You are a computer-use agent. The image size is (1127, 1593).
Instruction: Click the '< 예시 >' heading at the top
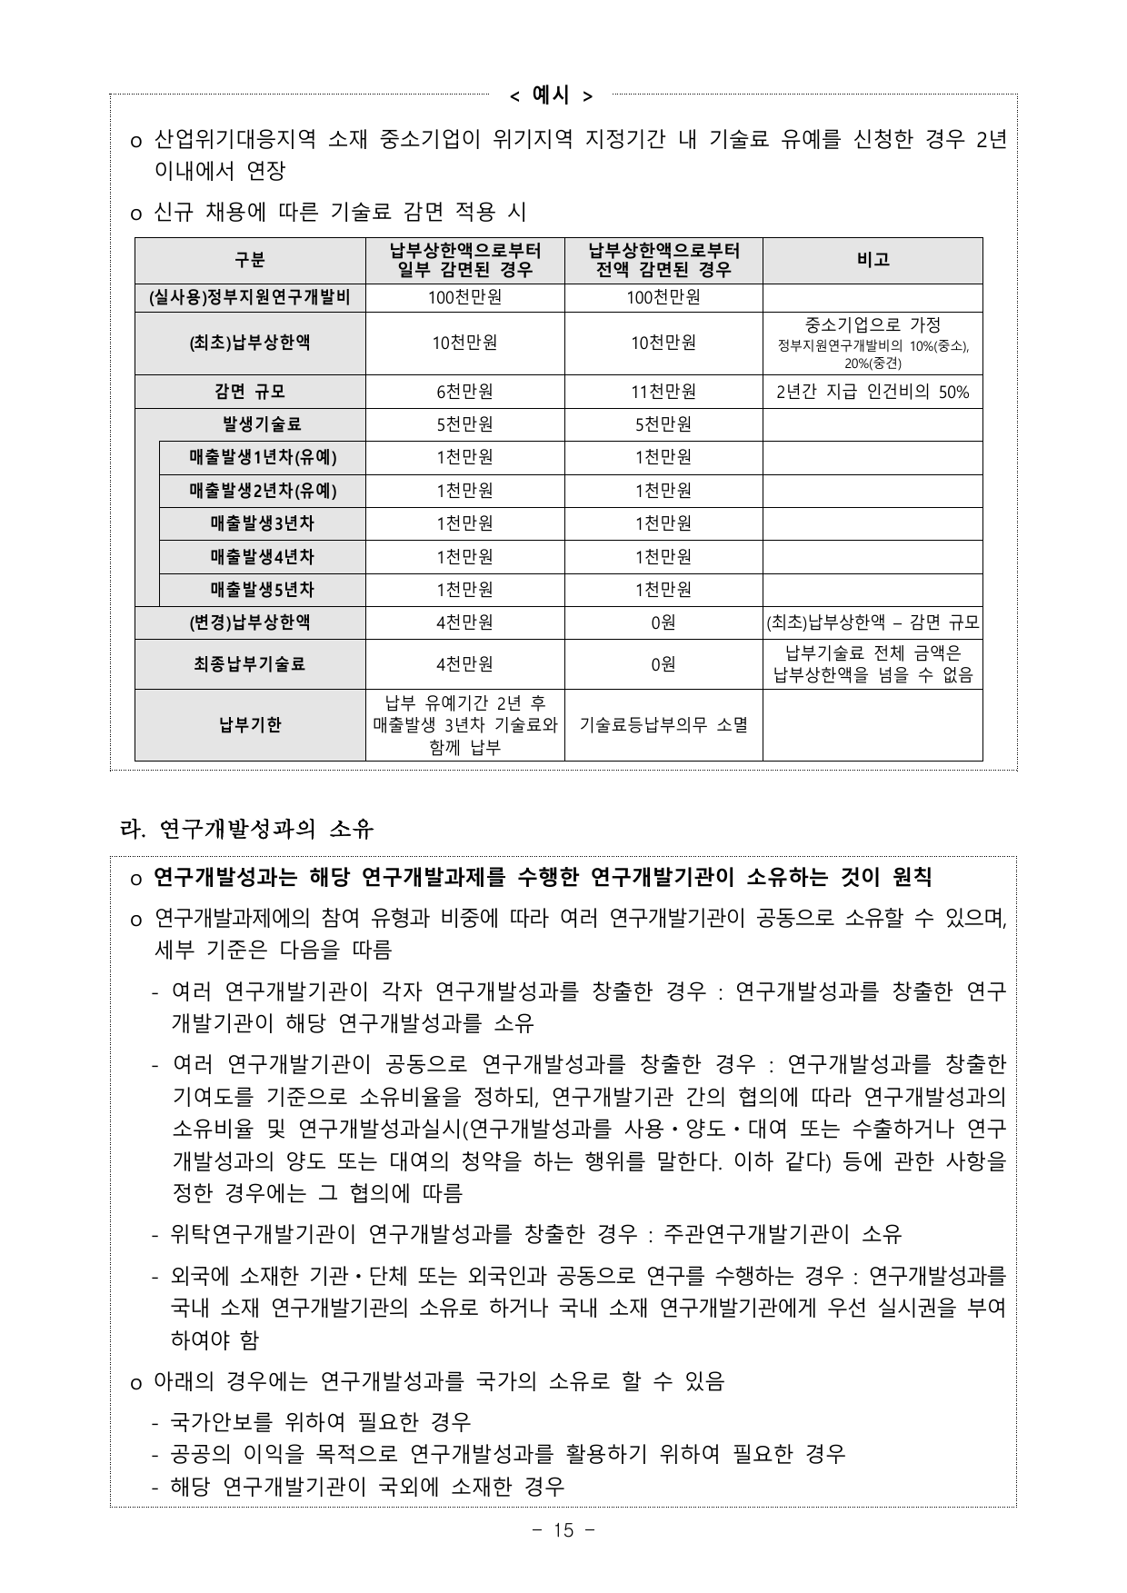(550, 95)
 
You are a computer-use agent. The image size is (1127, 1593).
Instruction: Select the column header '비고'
(873, 260)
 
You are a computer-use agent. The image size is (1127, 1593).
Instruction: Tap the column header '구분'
(250, 260)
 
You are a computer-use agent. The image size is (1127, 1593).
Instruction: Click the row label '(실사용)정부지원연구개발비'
(250, 297)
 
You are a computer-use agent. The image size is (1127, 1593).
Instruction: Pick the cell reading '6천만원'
(464, 392)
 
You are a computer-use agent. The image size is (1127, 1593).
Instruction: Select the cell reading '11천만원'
(663, 392)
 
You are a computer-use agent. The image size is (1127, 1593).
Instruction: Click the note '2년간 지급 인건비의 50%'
(873, 392)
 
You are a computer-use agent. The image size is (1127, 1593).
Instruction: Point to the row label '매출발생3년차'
(262, 523)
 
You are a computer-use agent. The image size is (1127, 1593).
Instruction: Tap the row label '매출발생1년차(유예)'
(262, 457)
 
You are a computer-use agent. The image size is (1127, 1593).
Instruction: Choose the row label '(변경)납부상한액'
(250, 622)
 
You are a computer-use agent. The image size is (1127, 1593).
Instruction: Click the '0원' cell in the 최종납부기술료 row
(663, 664)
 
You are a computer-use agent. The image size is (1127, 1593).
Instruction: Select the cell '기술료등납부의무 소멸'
(663, 725)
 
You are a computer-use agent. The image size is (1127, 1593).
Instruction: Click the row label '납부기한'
(250, 725)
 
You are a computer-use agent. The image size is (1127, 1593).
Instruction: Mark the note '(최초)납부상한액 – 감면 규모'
(873, 622)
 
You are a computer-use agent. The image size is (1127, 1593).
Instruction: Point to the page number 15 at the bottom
(563, 1530)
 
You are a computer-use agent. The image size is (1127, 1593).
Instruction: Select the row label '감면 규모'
(250, 392)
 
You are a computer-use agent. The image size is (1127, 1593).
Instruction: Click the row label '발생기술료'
(262, 424)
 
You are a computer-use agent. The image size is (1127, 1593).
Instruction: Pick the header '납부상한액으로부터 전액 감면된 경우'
(663, 260)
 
